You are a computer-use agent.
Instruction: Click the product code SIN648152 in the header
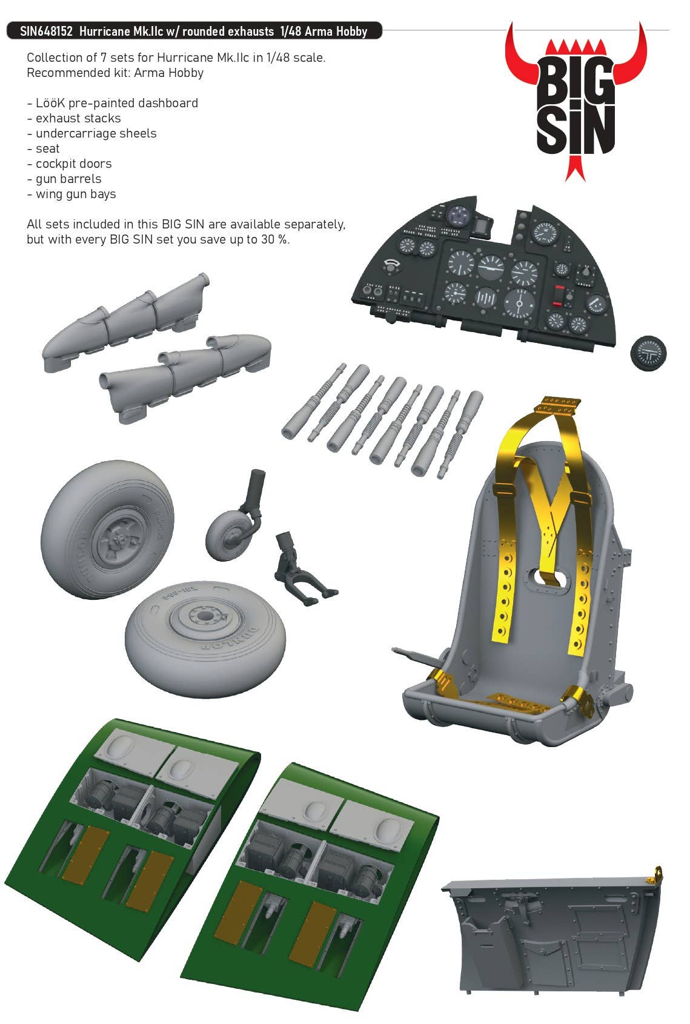(x=46, y=32)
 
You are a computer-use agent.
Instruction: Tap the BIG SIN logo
(x=576, y=101)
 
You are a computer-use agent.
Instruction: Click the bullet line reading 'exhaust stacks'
(x=74, y=118)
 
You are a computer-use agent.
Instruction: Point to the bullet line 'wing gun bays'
(x=71, y=194)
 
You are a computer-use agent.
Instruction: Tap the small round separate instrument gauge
(x=648, y=353)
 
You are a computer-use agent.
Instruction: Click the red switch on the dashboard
(x=558, y=295)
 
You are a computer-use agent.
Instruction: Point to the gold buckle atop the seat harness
(x=559, y=405)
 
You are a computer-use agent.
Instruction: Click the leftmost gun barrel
(x=313, y=401)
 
